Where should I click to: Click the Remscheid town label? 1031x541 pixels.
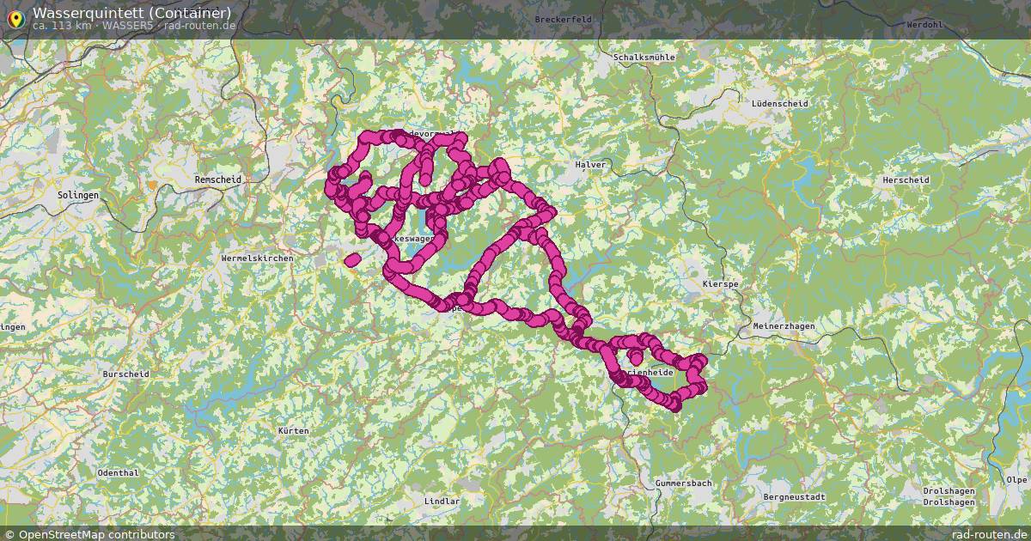tap(218, 179)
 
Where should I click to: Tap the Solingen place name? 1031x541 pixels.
tap(79, 195)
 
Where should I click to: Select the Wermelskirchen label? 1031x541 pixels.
tap(257, 258)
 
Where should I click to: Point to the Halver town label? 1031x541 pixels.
tap(590, 164)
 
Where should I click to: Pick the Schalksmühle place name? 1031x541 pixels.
tap(644, 58)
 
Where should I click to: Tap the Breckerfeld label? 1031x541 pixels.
tap(564, 19)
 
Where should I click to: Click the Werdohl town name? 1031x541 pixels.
tap(924, 25)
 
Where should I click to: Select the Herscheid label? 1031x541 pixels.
tap(906, 180)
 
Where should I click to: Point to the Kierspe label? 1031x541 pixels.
tap(720, 283)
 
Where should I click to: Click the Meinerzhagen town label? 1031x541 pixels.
tap(784, 326)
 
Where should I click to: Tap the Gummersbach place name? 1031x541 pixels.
tap(683, 483)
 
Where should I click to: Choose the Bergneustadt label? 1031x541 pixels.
tap(794, 497)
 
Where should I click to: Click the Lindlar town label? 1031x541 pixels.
tap(442, 501)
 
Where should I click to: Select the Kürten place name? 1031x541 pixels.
tap(293, 429)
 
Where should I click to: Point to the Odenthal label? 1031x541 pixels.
tap(118, 473)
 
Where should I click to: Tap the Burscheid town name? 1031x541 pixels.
tap(125, 374)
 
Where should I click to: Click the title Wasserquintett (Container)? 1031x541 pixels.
tap(131, 12)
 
